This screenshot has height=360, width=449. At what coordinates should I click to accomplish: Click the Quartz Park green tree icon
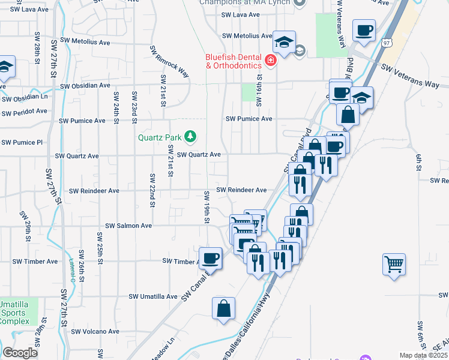point(190,137)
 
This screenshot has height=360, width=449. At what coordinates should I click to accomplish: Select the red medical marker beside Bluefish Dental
point(271,61)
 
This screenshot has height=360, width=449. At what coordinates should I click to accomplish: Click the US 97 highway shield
point(387,43)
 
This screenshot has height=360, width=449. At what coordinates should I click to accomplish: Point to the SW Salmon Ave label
point(128,226)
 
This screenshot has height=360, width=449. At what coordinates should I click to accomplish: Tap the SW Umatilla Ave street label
point(154,297)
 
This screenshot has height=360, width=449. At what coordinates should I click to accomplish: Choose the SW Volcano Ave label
point(95,332)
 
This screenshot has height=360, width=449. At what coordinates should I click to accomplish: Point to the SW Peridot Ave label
point(24,112)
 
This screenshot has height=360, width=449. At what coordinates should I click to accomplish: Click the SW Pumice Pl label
point(22,143)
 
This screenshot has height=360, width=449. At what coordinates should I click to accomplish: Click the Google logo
point(20,353)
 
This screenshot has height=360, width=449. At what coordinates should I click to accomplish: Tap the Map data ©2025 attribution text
point(423,355)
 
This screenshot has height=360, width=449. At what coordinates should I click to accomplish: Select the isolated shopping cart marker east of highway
point(394,264)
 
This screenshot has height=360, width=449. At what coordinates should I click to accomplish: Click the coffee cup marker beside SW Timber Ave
point(210,259)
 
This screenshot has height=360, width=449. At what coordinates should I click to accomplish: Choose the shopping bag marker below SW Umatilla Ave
point(223,309)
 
